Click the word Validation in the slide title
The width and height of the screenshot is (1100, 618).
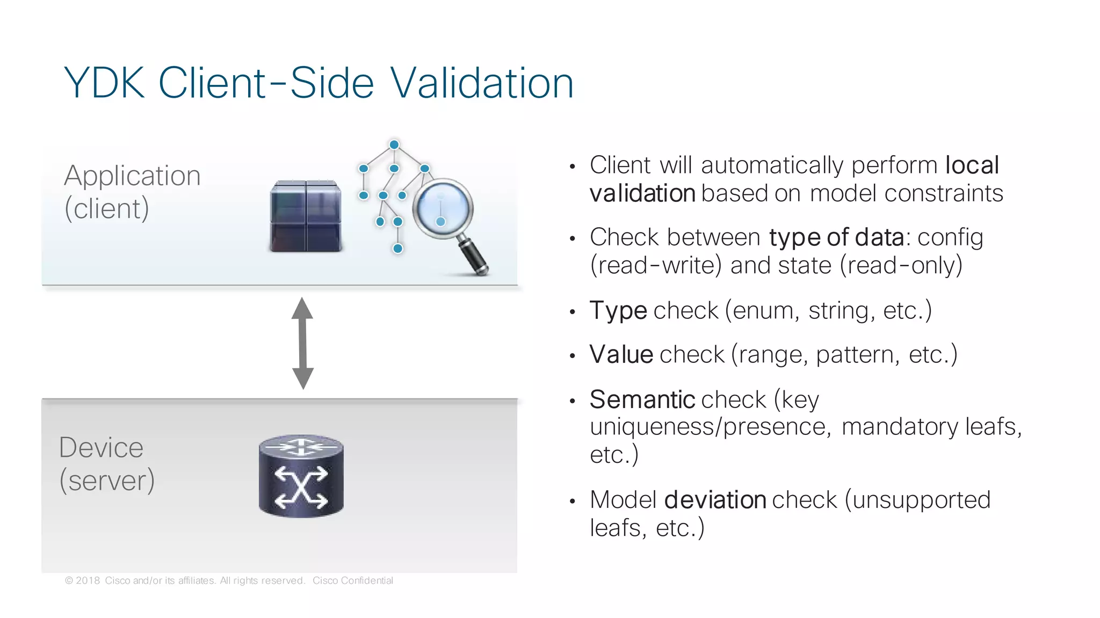(x=482, y=83)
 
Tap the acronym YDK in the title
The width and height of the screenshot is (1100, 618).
(x=104, y=83)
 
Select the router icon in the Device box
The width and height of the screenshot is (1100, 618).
(x=301, y=476)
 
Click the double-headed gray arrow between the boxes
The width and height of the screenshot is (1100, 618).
(x=302, y=343)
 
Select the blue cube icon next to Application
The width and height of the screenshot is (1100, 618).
(x=305, y=216)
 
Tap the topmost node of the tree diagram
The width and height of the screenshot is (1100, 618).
(x=394, y=144)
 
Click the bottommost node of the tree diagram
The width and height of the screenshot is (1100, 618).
(x=397, y=248)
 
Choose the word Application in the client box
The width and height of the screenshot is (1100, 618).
(x=132, y=176)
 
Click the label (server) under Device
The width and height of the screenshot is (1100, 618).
(x=107, y=480)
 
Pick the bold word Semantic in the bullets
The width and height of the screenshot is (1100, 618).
(x=642, y=399)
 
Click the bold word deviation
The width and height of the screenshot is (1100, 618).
(x=715, y=500)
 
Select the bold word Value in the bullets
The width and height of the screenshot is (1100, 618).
(x=621, y=354)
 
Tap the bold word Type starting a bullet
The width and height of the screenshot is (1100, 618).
(x=618, y=310)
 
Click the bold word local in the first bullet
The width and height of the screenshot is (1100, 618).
(x=972, y=165)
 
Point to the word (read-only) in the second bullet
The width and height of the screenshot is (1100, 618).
(x=901, y=265)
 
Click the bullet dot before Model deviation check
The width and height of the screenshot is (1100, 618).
(x=573, y=501)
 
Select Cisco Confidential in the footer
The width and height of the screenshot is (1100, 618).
(x=352, y=580)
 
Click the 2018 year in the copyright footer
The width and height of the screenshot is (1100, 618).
(x=88, y=580)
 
